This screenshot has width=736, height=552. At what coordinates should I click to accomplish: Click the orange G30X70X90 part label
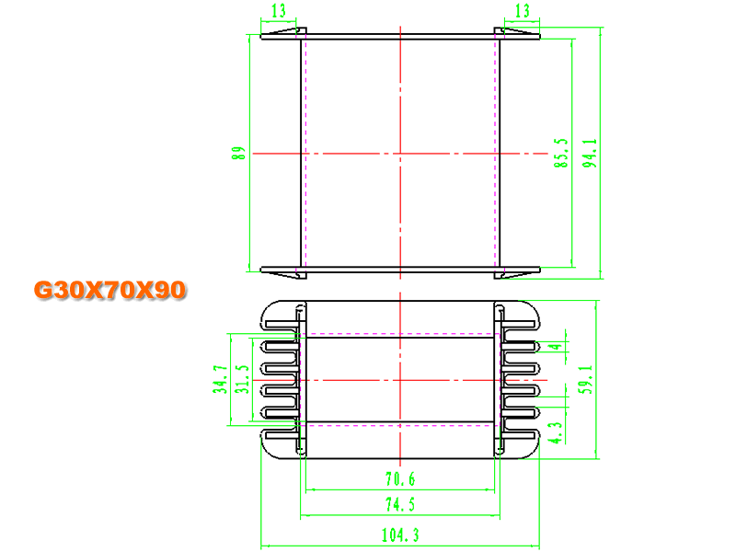click(x=110, y=290)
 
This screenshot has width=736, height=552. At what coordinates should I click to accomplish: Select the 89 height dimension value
click(x=238, y=153)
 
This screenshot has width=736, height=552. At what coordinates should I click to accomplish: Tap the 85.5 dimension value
click(x=561, y=153)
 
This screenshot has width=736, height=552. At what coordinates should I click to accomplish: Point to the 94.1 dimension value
click(x=590, y=153)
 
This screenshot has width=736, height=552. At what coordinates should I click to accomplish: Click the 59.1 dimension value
click(x=585, y=379)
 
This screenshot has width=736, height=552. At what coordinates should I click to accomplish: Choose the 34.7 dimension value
click(x=220, y=379)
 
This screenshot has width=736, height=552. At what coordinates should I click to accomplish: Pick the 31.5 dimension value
click(x=242, y=379)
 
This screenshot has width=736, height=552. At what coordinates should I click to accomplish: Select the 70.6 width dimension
click(x=400, y=479)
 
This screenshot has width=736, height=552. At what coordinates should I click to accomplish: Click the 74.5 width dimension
click(x=400, y=504)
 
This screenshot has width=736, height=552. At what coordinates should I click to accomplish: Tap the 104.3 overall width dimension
click(x=400, y=535)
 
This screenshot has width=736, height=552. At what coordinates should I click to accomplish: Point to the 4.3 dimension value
click(x=557, y=432)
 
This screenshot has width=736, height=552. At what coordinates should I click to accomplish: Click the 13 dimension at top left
click(x=279, y=10)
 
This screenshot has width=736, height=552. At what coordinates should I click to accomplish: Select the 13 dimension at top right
click(x=523, y=10)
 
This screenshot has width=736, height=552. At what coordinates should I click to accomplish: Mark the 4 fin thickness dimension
click(x=557, y=347)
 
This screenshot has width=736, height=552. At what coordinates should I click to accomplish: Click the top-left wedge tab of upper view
click(x=284, y=31)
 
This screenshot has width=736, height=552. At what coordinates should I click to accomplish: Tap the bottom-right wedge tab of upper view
click(x=517, y=274)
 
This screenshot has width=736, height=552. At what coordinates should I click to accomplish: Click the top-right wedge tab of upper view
click(x=517, y=31)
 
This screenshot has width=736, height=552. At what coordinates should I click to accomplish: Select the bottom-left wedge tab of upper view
click(x=284, y=274)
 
